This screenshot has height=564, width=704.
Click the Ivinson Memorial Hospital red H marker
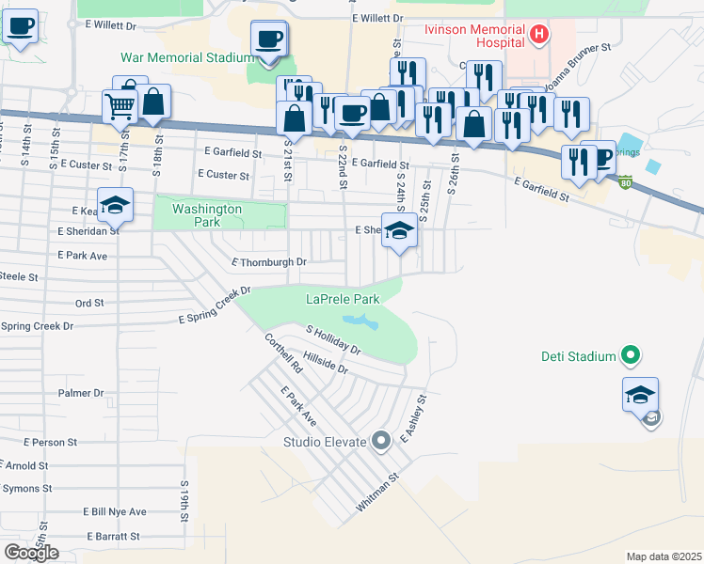tap(539, 36)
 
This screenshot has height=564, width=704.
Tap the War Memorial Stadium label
tap(188, 58)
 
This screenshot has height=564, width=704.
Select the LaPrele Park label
tap(343, 300)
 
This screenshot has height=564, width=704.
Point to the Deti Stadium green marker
tap(632, 356)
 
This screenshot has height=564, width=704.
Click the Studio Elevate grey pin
tap(381, 440)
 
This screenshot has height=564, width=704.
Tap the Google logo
tap(32, 553)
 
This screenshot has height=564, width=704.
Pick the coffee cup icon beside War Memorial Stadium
tap(269, 39)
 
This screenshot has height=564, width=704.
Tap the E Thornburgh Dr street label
tap(269, 262)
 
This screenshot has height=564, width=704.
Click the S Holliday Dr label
tap(333, 340)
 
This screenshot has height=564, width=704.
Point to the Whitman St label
tap(378, 493)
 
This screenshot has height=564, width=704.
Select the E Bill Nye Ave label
tap(113, 511)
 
